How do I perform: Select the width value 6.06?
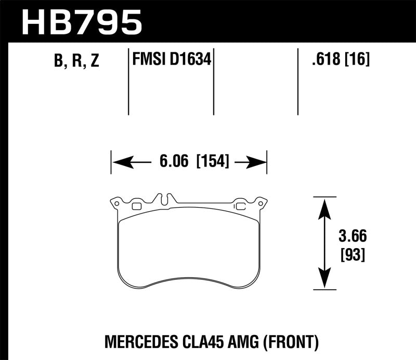tap(174, 162)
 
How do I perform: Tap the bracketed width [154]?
tap(213, 162)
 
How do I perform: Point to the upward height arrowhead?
tap(324, 205)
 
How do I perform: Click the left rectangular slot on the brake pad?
tap(137, 207)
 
